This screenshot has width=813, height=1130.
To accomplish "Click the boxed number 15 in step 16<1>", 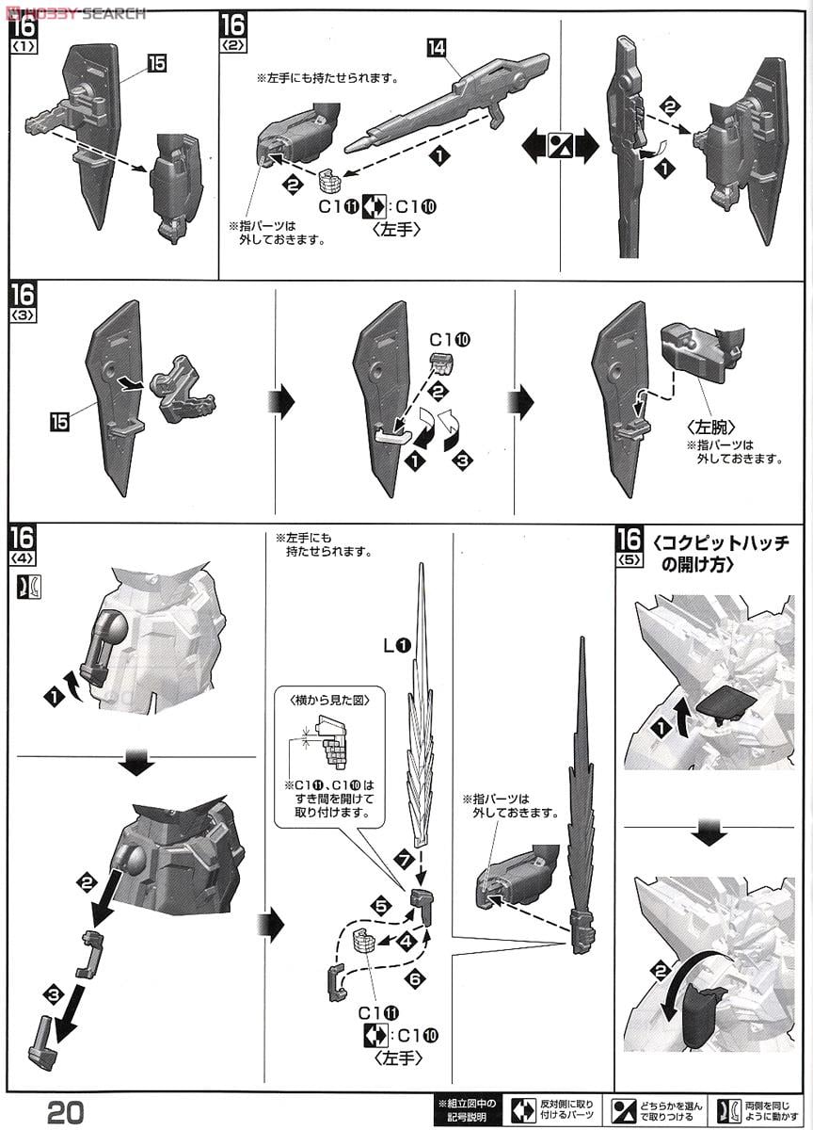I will pyautogui.click(x=157, y=62).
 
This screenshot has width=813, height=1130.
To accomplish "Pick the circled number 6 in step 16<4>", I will pyautogui.click(x=414, y=978).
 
